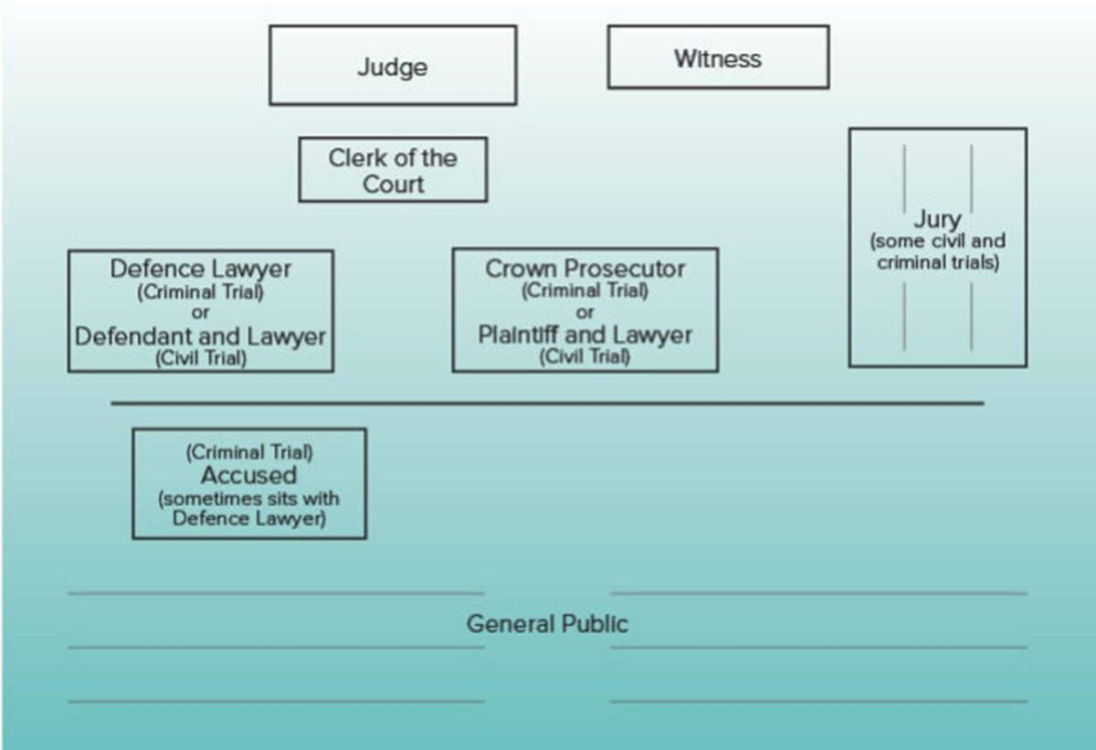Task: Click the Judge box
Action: tap(393, 66)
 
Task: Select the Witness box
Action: tap(718, 58)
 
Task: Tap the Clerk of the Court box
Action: tap(393, 170)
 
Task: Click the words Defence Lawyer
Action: tap(200, 269)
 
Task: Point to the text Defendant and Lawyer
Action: tap(200, 336)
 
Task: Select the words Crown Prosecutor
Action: tap(585, 269)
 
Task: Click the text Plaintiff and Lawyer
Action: tap(585, 334)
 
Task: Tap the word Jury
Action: tap(937, 220)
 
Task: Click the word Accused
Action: tap(248, 475)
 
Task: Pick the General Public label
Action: tap(547, 624)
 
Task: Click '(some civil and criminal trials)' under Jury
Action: tap(937, 252)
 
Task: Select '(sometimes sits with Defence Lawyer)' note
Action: tap(248, 509)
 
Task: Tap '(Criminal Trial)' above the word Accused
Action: tap(248, 452)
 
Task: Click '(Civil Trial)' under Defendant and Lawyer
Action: tap(200, 358)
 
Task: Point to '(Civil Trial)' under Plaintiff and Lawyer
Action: tap(585, 356)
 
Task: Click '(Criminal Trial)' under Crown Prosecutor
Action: tap(585, 291)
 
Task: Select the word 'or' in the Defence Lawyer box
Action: tap(200, 312)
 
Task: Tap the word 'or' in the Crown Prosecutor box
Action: tap(585, 312)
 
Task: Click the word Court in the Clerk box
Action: tap(393, 184)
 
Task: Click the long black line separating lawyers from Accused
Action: tap(547, 403)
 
